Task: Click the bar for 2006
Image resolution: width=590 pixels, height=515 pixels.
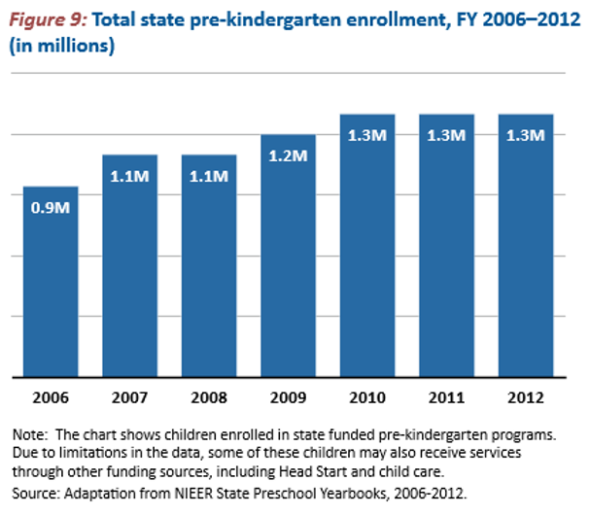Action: [x=50, y=282]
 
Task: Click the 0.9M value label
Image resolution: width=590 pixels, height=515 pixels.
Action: [x=50, y=207]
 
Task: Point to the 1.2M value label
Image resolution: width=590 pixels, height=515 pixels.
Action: [x=288, y=155]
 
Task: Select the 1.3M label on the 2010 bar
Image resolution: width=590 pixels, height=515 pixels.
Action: [x=367, y=134]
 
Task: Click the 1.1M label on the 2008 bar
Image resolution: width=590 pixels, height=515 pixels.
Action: [x=209, y=176]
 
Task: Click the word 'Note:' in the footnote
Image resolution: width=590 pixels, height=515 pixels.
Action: [x=30, y=432]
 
